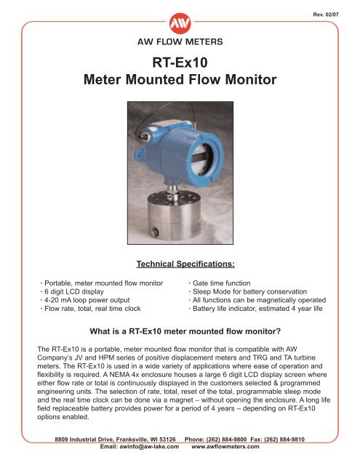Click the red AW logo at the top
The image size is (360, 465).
coord(180,21)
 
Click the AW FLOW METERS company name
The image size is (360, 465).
coord(180,42)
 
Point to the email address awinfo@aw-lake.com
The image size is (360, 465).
coord(140,448)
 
